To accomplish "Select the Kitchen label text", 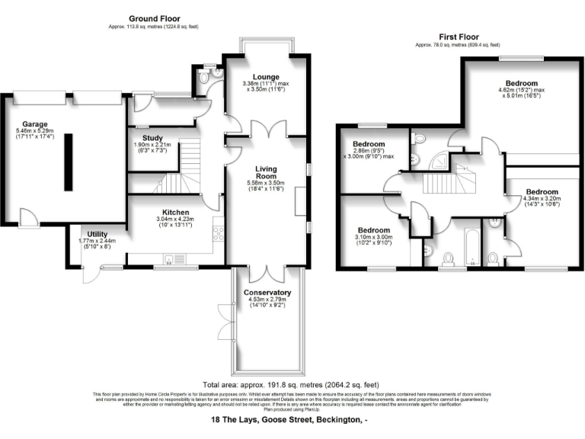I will pyautogui.click(x=175, y=213).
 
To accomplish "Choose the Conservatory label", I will pyautogui.click(x=267, y=293).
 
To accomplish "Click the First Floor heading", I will pyautogui.click(x=460, y=36).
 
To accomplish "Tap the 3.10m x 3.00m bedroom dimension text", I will pyautogui.click(x=374, y=242).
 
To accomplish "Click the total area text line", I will pyautogui.click(x=289, y=385).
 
